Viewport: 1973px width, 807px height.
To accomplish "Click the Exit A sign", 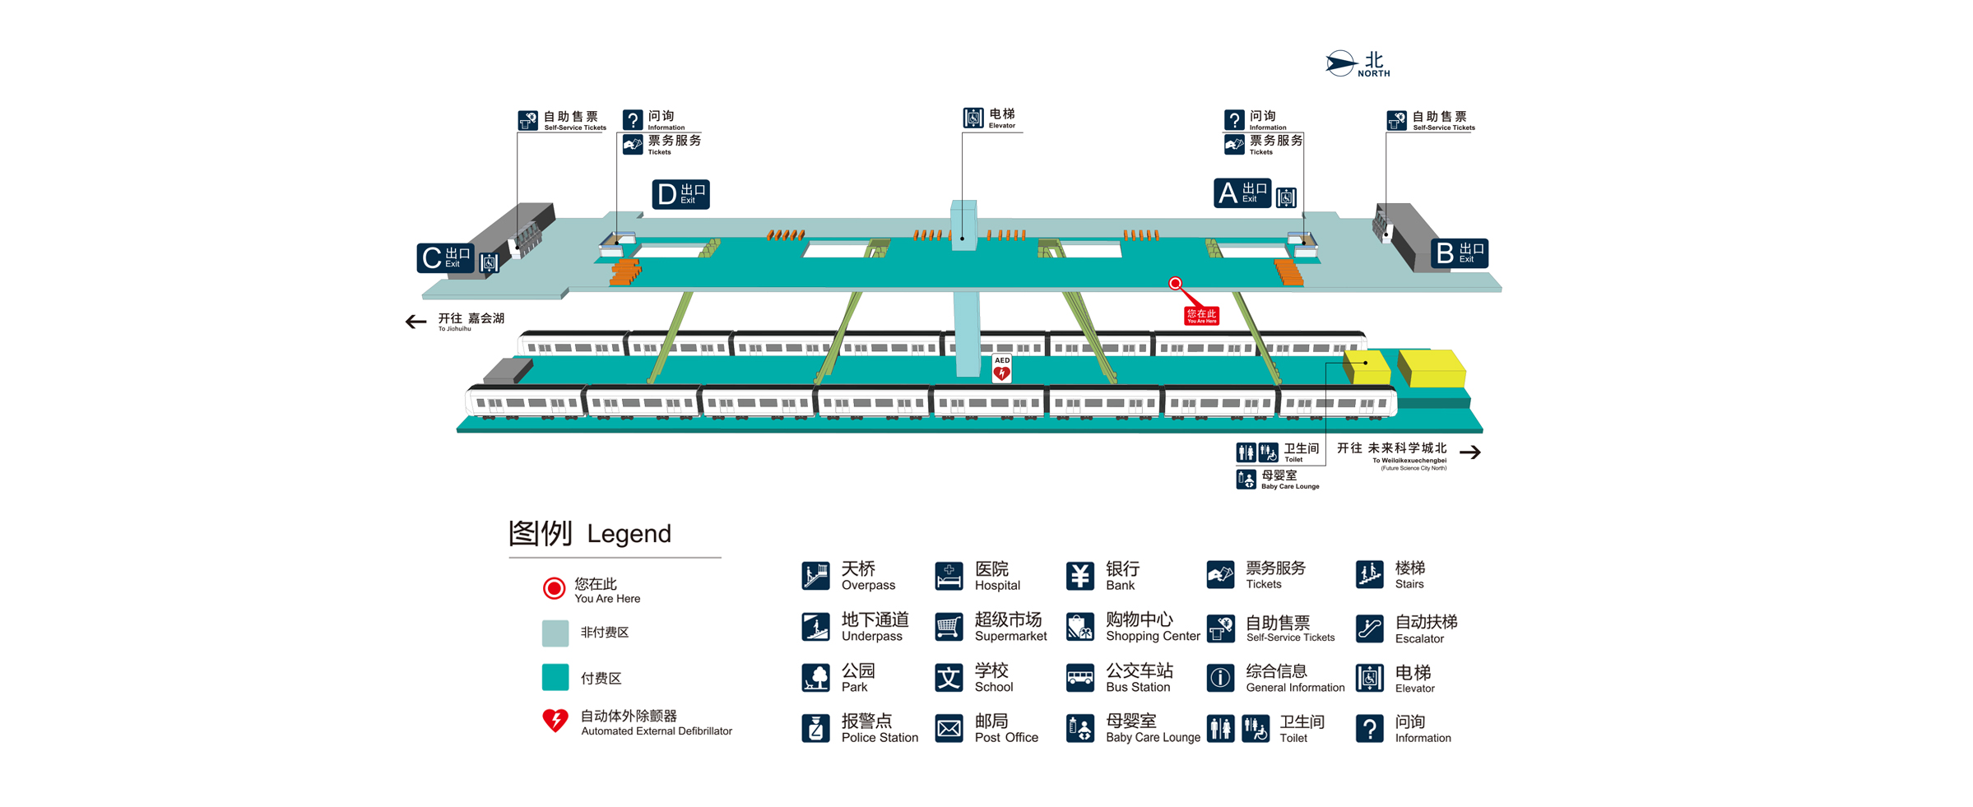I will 1242,193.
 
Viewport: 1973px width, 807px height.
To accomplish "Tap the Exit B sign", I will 1459,253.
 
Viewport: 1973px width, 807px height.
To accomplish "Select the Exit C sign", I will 445,258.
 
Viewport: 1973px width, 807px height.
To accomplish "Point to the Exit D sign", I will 680,194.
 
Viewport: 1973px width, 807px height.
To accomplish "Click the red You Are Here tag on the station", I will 1201,315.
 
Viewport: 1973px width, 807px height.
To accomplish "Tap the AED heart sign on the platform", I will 1001,369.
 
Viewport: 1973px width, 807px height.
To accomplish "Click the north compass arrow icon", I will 1340,63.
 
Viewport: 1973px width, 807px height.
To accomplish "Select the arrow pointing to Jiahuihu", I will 415,322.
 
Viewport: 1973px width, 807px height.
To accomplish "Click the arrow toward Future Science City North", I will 1470,452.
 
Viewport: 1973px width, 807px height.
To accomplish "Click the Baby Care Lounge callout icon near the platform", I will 1246,479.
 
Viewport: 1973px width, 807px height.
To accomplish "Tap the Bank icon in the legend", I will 1079,576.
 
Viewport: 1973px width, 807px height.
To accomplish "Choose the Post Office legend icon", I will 949,728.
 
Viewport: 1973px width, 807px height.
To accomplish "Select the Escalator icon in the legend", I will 1369,628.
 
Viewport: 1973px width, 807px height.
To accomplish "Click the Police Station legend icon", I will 815,728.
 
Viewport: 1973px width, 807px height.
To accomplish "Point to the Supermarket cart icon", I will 949,627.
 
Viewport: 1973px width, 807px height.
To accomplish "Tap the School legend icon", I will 949,678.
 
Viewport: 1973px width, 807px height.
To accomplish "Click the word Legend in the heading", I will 629,534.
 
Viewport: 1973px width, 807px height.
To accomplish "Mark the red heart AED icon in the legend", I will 555,721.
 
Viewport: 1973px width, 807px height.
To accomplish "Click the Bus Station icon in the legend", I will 1079,678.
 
